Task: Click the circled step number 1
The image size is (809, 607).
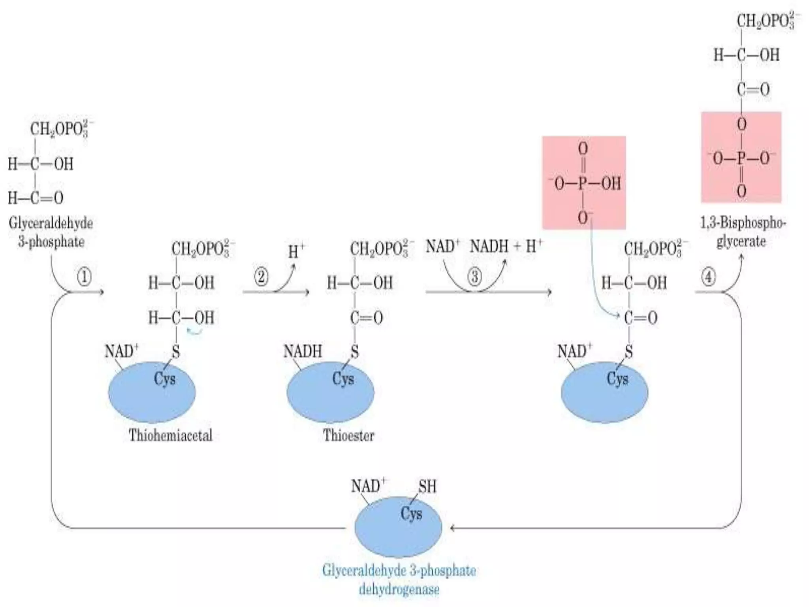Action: pos(84,277)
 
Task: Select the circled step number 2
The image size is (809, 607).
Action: pos(261,277)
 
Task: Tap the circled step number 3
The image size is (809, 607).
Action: pos(474,277)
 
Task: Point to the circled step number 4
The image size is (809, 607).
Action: pos(708,277)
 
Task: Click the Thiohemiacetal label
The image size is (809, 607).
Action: pos(171,435)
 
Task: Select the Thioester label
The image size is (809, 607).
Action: pos(348,435)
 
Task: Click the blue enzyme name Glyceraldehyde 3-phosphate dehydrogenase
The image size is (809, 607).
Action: pos(399,580)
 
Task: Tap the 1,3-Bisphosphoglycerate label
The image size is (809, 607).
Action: pos(743,232)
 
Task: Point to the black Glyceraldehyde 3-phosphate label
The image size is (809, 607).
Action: pos(51,232)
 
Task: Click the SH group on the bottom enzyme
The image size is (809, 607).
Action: pos(427,486)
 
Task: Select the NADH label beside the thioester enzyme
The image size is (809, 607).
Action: pos(303,351)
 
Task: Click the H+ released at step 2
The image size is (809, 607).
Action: pos(296,251)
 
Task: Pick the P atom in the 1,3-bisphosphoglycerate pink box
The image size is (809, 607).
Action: pos(741,158)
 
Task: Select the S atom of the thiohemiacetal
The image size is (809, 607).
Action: pos(176,351)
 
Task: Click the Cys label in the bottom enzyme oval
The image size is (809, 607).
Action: pos(411,514)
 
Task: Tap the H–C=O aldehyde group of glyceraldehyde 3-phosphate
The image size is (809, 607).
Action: pos(36,198)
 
